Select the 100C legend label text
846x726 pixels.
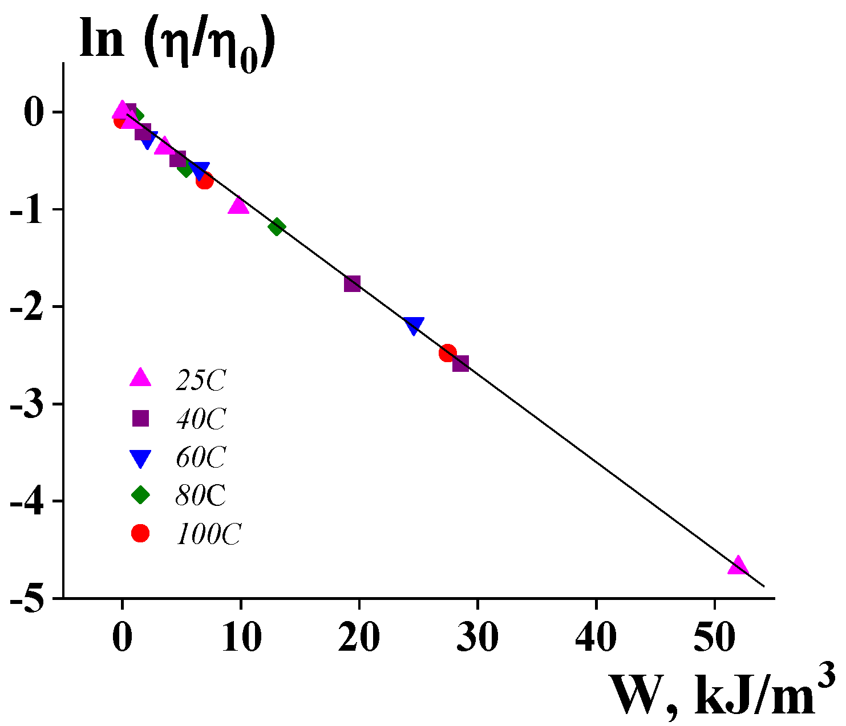[208, 534]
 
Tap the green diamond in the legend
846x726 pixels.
[140, 495]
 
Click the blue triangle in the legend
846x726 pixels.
[140, 458]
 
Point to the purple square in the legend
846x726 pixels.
[140, 419]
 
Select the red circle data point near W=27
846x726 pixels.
[448, 353]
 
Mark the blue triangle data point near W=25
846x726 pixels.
[414, 325]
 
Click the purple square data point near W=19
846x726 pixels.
[353, 283]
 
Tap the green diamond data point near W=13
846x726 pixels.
[277, 227]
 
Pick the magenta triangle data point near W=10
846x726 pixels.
[238, 206]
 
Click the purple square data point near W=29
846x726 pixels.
[460, 363]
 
